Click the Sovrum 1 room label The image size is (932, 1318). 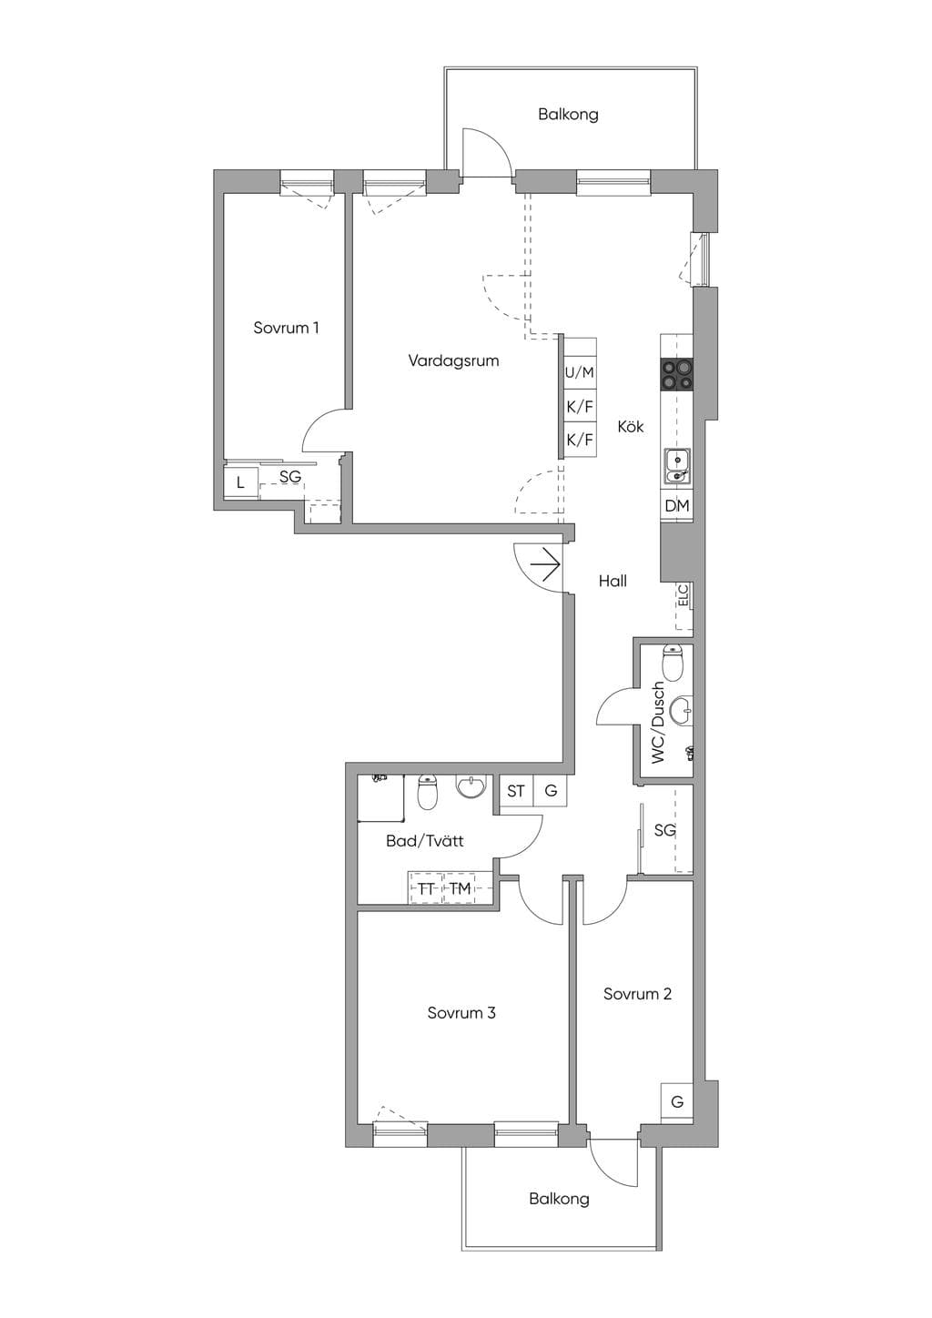click(x=286, y=328)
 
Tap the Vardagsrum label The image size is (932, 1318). click(x=453, y=360)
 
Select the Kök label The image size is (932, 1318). click(x=631, y=427)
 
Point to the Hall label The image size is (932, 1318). click(x=613, y=582)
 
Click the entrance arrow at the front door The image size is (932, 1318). click(x=545, y=564)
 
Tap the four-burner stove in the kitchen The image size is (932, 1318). click(x=676, y=375)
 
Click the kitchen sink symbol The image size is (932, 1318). click(x=677, y=465)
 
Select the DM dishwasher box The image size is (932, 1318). click(x=677, y=505)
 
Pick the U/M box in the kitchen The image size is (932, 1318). click(x=580, y=372)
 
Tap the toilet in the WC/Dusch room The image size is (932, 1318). click(x=672, y=663)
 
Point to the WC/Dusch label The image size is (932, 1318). click(x=658, y=723)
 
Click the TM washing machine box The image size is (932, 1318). click(x=460, y=888)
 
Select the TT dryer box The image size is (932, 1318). click(x=425, y=888)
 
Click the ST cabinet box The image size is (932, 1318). click(x=516, y=791)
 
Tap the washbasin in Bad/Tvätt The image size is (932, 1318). click(x=471, y=786)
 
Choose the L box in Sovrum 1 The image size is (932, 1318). click(x=240, y=482)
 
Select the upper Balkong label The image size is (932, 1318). click(x=568, y=114)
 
